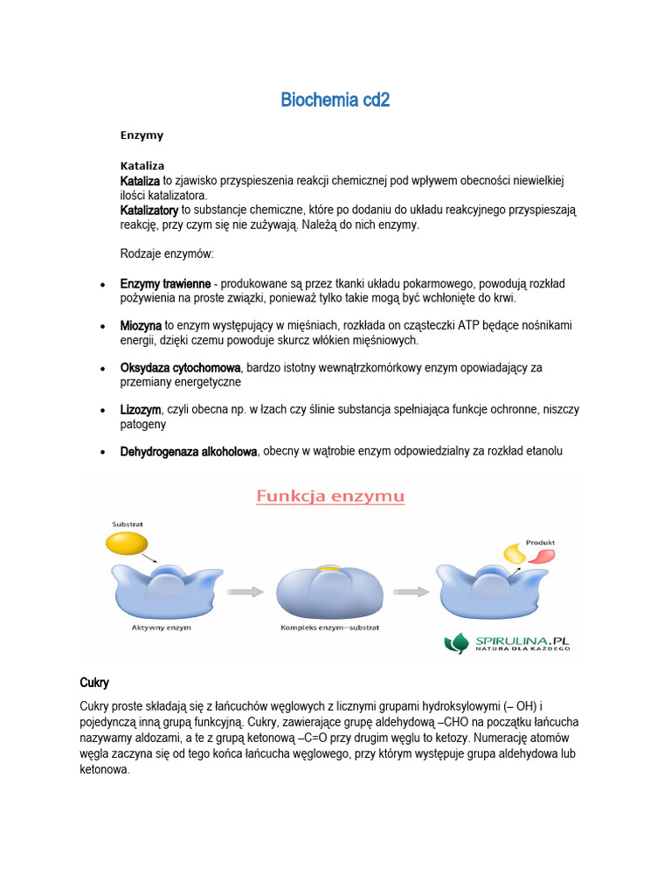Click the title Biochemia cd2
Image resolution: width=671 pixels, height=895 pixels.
click(335, 101)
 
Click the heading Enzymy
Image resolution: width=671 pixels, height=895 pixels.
click(142, 135)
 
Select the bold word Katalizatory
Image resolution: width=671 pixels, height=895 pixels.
click(149, 211)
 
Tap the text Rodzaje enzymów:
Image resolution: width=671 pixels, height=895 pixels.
click(166, 254)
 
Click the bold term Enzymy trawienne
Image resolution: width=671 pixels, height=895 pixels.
click(165, 284)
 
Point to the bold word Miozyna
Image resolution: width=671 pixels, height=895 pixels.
click(141, 325)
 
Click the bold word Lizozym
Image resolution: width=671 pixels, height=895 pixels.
click(141, 409)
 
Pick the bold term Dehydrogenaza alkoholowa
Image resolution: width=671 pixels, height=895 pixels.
click(189, 451)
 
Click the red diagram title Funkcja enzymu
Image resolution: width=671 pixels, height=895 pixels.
click(330, 497)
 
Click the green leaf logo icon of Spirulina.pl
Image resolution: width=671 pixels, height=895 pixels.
click(457, 643)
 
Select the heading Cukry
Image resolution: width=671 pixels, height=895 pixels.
click(93, 682)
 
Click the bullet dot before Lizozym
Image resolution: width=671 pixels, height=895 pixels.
click(103, 410)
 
